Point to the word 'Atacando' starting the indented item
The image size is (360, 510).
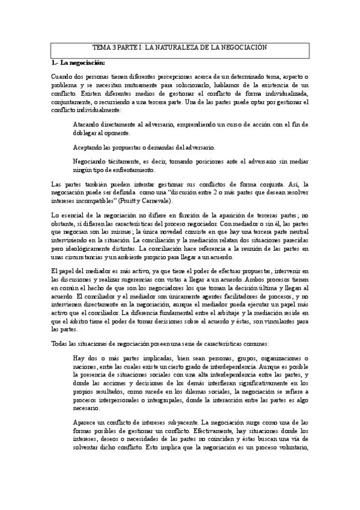tap(87, 124)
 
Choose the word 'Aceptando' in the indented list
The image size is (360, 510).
tap(88, 147)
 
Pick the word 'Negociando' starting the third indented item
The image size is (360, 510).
tap(90, 162)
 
